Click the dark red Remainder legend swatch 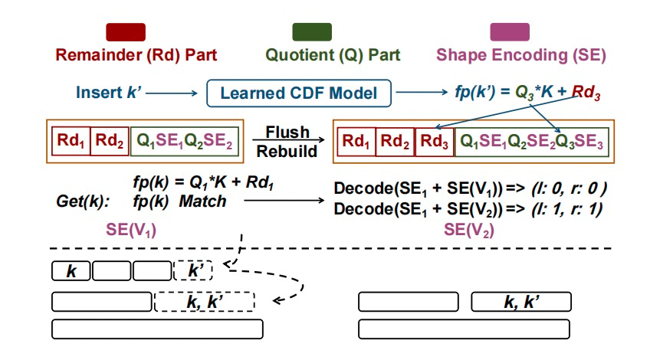point(126,31)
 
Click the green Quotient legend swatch point(312,31)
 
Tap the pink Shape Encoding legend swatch point(509,31)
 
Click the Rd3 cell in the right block point(434,142)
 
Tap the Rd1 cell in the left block point(71,142)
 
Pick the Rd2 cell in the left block point(110,142)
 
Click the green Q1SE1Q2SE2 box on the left point(185,142)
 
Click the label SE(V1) point(131,230)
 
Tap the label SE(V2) point(469,229)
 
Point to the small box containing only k point(71,270)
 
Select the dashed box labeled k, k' point(205,302)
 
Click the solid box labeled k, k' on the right point(520,302)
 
